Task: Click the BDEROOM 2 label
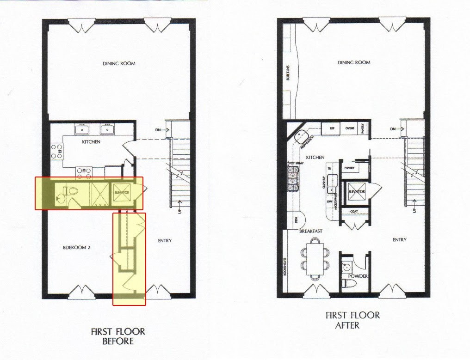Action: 76,247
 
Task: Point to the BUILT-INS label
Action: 287,71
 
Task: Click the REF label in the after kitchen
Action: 331,128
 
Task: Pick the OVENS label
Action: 350,128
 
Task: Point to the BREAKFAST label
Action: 310,231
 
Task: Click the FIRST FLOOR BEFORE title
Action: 117,336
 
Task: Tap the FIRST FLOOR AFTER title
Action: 352,320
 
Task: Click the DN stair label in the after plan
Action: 393,129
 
